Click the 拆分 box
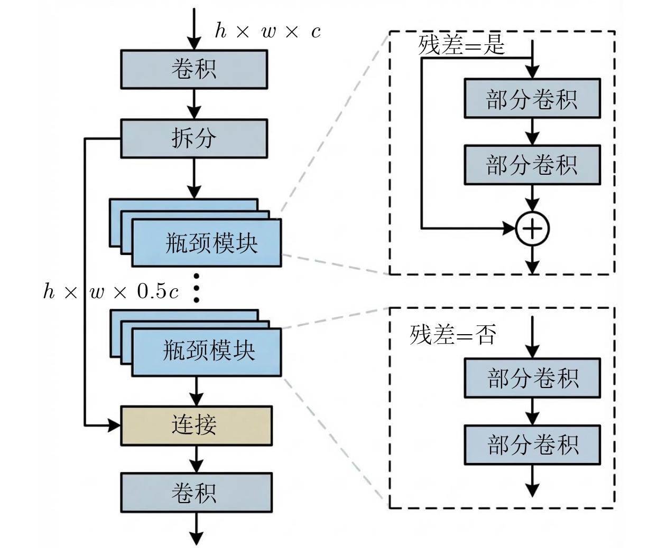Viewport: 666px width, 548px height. click(194, 139)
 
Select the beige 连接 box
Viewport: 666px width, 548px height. click(196, 426)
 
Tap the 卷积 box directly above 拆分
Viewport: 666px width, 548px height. click(194, 69)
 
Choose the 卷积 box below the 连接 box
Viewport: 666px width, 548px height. click(196, 492)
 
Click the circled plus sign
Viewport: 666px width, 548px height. click(532, 229)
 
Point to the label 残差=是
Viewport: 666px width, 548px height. click(461, 45)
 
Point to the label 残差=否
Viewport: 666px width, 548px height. click(453, 335)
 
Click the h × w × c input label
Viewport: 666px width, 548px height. click(268, 31)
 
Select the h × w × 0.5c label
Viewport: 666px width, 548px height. click(111, 291)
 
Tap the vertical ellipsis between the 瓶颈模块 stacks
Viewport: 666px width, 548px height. click(197, 288)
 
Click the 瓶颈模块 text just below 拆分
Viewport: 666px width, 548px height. click(211, 243)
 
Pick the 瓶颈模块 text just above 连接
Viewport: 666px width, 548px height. click(209, 351)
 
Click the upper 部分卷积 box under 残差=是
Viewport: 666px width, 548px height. click(532, 98)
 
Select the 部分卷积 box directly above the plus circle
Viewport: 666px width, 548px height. click(532, 165)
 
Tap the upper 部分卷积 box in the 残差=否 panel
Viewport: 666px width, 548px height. click(532, 378)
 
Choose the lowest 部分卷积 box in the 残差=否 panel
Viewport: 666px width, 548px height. click(532, 445)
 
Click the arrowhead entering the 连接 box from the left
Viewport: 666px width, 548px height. click(114, 426)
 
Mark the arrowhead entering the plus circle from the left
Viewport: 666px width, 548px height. click(510, 229)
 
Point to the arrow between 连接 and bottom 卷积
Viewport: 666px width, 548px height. click(196, 459)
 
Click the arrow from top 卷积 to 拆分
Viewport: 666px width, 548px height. click(194, 104)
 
